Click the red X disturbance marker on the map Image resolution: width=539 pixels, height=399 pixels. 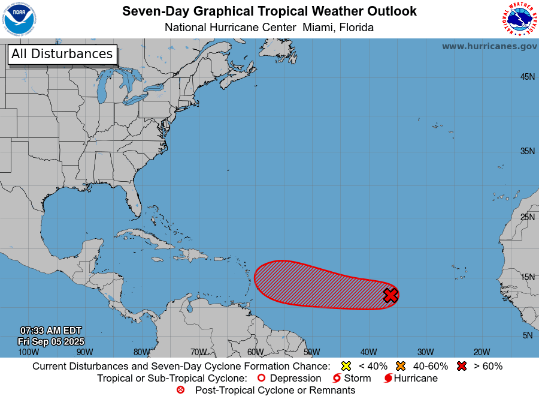390,295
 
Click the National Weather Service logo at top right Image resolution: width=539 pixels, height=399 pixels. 518,19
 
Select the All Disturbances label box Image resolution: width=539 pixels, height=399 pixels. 62,54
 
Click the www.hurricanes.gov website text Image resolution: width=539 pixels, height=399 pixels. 489,46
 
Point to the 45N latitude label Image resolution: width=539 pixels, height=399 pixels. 527,77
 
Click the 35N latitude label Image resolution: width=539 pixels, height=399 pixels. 527,151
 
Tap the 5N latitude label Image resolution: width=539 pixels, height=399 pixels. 527,335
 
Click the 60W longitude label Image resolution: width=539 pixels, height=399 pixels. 255,352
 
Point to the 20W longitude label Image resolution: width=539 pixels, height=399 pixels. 482,352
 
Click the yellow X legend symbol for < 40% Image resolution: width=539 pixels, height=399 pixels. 346,366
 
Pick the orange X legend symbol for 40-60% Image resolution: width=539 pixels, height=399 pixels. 401,366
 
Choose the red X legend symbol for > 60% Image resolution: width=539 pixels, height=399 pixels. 461,366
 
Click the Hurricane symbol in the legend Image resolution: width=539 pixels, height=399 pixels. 388,379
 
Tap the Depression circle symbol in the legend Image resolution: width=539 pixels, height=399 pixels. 261,379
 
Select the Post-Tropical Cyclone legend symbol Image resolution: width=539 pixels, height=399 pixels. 181,391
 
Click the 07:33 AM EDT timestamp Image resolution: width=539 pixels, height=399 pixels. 51,331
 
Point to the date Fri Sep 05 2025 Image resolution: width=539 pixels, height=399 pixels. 51,341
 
